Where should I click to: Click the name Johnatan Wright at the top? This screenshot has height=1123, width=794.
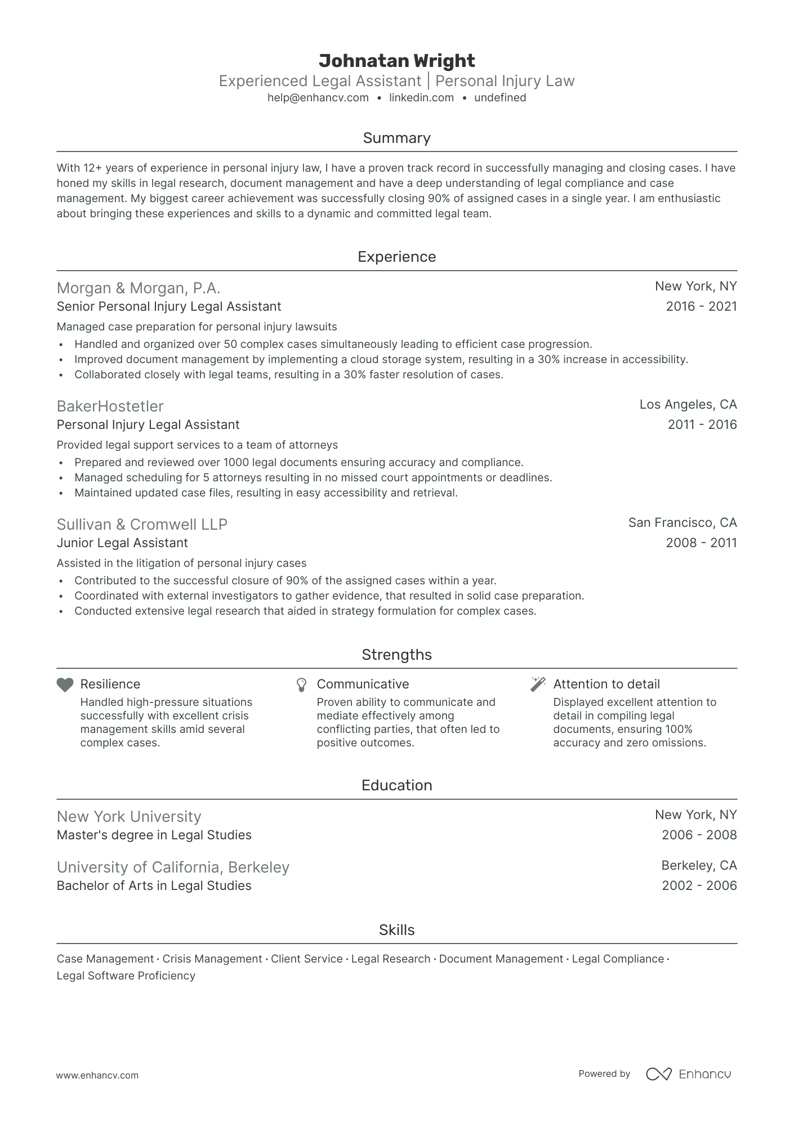pos(396,61)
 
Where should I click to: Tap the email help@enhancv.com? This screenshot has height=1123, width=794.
pos(318,98)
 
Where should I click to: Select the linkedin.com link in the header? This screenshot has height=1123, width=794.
pos(421,98)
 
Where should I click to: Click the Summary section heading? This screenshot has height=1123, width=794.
pos(396,138)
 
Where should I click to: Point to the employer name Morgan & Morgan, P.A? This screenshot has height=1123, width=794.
pos(139,288)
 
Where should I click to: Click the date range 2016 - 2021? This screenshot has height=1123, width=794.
pos(701,307)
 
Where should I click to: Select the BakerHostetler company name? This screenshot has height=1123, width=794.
pos(110,406)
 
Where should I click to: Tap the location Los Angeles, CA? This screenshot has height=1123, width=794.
pos(688,405)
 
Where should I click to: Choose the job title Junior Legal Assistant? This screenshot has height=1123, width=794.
pos(122,543)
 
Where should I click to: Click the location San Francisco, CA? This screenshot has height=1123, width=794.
pos(682,523)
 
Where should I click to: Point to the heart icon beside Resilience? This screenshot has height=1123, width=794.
pos(65,684)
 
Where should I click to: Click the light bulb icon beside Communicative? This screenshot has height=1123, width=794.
pos(302,684)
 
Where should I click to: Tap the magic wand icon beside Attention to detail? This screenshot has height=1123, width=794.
pos(538,684)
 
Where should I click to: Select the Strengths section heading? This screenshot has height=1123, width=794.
pos(396,655)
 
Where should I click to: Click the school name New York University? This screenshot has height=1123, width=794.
pos(129,817)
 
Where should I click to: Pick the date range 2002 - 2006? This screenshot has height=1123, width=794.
pos(699,886)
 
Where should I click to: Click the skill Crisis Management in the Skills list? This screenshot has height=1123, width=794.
pos(212,959)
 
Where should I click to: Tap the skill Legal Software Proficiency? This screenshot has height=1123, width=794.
pos(126,976)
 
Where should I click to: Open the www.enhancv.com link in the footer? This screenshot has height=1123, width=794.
pos(97,1076)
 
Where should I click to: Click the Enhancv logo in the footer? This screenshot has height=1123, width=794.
pos(688,1074)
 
